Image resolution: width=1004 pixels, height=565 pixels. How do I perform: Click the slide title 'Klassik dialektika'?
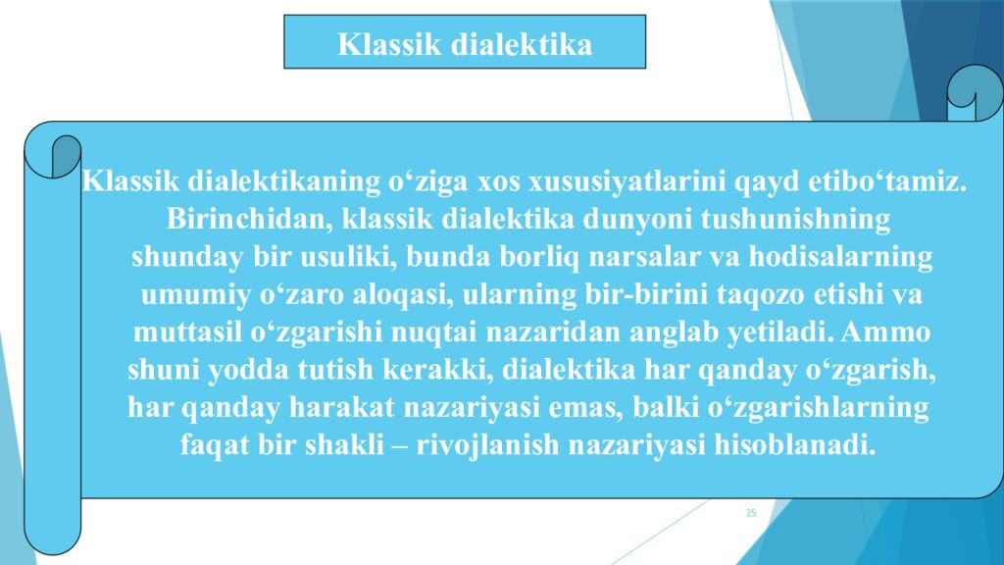click(x=465, y=44)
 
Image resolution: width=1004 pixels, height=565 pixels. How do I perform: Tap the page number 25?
click(x=751, y=513)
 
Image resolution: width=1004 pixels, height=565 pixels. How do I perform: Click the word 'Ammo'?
click(x=886, y=333)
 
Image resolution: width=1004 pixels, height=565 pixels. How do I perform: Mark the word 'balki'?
click(x=669, y=407)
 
